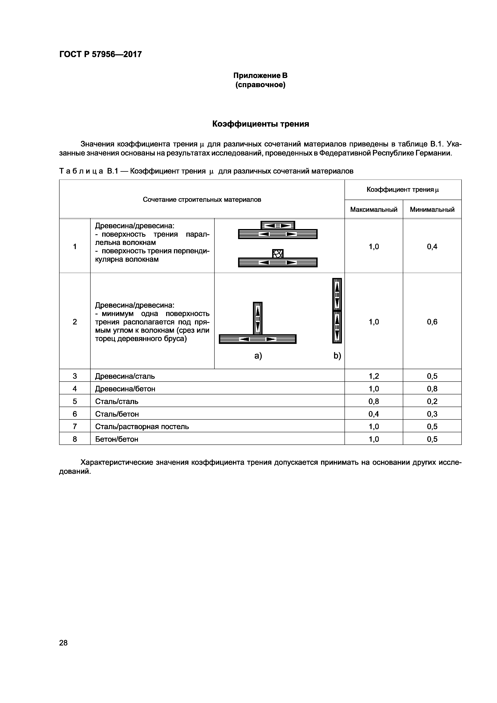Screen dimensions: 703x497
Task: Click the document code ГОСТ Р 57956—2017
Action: (x=100, y=54)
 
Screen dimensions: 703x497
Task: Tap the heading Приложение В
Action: (x=260, y=75)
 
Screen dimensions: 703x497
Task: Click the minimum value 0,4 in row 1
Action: (x=432, y=246)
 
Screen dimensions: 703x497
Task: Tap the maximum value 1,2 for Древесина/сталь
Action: (x=374, y=376)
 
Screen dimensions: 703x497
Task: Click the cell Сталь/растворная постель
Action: (x=142, y=426)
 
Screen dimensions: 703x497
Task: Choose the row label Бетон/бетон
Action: (x=117, y=439)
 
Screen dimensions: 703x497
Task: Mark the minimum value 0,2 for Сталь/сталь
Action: (x=432, y=401)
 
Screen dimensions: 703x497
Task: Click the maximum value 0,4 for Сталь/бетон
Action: (x=374, y=414)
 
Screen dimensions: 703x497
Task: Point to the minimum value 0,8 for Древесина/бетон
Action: (x=432, y=389)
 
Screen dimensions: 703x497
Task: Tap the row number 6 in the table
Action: (x=75, y=414)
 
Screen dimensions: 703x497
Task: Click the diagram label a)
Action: (x=258, y=356)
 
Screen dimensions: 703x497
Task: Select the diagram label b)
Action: (x=337, y=356)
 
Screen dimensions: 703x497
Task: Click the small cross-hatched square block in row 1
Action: (x=278, y=254)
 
